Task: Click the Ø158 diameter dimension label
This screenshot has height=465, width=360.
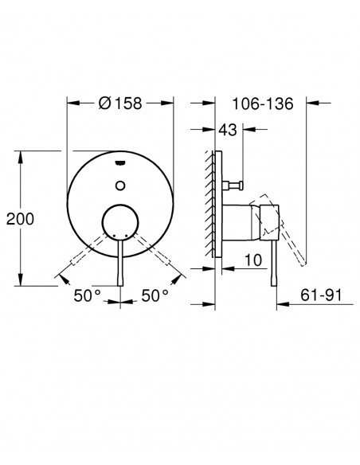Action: (120, 104)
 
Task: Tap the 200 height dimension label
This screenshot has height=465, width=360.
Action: (20, 219)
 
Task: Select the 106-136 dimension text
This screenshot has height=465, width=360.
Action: (263, 104)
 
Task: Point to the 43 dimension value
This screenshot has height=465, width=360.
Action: (228, 130)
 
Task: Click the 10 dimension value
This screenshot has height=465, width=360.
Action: (253, 260)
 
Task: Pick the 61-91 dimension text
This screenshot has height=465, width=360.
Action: (321, 295)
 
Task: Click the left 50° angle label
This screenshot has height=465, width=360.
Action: (87, 295)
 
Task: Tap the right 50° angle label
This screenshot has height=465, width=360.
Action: (155, 295)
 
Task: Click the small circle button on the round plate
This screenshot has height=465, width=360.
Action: (120, 186)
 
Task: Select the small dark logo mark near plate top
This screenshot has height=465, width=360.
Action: (120, 162)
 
